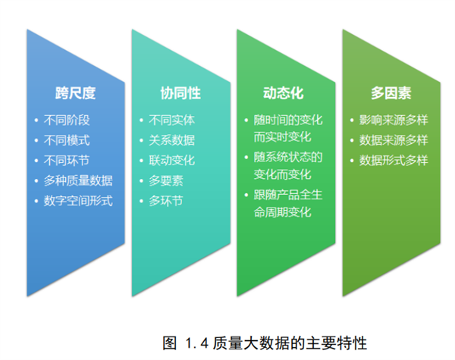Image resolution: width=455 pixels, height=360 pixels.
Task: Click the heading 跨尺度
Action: pyautogui.click(x=75, y=93)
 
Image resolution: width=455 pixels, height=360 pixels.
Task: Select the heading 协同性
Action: pyautogui.click(x=180, y=93)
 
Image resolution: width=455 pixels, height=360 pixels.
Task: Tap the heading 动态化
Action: pyautogui.click(x=283, y=93)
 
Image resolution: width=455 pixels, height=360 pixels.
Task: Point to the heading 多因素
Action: pyautogui.click(x=391, y=93)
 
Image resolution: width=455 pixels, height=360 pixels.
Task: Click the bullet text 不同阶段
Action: pyautogui.click(x=67, y=120)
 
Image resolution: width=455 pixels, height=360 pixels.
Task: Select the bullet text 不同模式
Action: pyautogui.click(x=67, y=140)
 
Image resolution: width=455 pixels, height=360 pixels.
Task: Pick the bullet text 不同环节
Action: pyautogui.click(x=67, y=161)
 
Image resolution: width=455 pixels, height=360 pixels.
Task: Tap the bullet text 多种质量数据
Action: pyautogui.click(x=78, y=180)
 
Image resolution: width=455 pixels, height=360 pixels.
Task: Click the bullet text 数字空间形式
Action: pyautogui.click(x=78, y=201)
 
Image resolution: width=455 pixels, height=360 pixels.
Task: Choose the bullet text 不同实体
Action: pyautogui.click(x=172, y=120)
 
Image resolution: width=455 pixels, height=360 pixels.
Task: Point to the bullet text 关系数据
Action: pyautogui.click(x=172, y=140)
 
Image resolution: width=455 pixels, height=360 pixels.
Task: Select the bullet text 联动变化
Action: pyautogui.click(x=172, y=161)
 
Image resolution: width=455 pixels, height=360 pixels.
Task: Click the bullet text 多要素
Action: pyautogui.click(x=166, y=180)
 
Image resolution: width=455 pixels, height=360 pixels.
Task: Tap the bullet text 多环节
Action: pyautogui.click(x=166, y=201)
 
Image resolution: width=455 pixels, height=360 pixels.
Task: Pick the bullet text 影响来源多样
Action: pyautogui.click(x=394, y=120)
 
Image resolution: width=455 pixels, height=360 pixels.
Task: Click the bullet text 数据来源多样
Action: pyautogui.click(x=394, y=140)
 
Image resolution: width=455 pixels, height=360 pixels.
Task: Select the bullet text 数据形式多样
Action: pyautogui.click(x=394, y=161)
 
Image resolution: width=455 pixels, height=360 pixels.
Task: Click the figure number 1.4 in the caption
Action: pyautogui.click(x=196, y=343)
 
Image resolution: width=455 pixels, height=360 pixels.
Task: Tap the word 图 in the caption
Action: pyautogui.click(x=169, y=343)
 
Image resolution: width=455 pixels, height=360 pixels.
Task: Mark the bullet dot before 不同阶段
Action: pyautogui.click(x=36, y=120)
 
